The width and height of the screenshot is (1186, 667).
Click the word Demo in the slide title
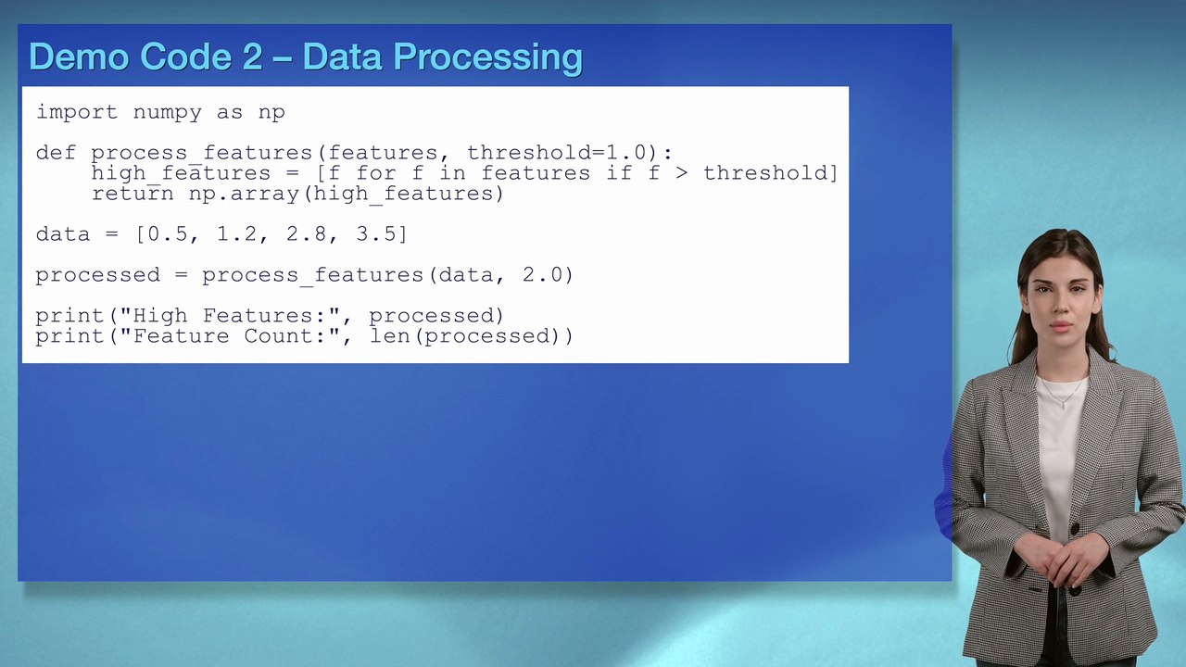[x=79, y=57]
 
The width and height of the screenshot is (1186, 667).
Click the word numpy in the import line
[x=167, y=112]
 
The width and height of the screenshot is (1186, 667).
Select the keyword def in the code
[x=56, y=153]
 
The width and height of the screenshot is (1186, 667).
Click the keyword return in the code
[x=132, y=194]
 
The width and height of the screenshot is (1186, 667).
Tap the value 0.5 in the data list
[x=168, y=234]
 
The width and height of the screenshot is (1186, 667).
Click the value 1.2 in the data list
[x=237, y=234]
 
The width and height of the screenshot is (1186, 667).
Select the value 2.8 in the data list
[x=307, y=234]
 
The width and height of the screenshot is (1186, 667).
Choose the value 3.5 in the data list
[x=376, y=234]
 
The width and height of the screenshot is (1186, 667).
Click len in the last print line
[x=389, y=336]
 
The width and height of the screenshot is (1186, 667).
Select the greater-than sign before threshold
[x=681, y=173]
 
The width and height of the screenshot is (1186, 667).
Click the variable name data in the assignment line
[x=63, y=234]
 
